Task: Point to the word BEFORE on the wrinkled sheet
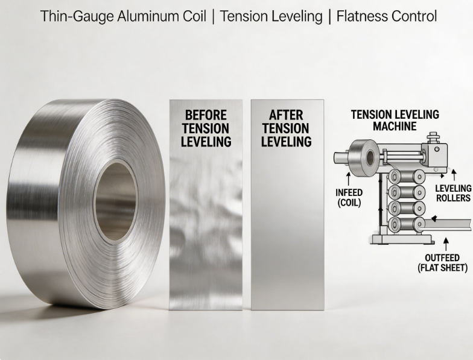pyautogui.click(x=206, y=115)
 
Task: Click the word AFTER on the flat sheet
pyautogui.click(x=286, y=115)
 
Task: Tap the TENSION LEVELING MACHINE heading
pyautogui.click(x=395, y=121)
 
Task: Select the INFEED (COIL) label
pyautogui.click(x=349, y=198)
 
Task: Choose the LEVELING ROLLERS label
pyautogui.click(x=453, y=193)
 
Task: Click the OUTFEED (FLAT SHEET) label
pyautogui.click(x=442, y=263)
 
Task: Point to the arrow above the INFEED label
pyautogui.click(x=349, y=179)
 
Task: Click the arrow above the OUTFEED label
pyautogui.click(x=446, y=244)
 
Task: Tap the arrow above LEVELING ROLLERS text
pyautogui.click(x=454, y=175)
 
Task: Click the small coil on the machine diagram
pyautogui.click(x=363, y=157)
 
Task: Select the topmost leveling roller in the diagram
pyautogui.click(x=406, y=177)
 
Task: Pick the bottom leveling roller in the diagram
pyautogui.click(x=406, y=224)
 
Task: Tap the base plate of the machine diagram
pyautogui.click(x=402, y=240)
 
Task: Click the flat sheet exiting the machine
pyautogui.click(x=448, y=225)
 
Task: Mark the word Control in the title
pyautogui.click(x=417, y=16)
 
